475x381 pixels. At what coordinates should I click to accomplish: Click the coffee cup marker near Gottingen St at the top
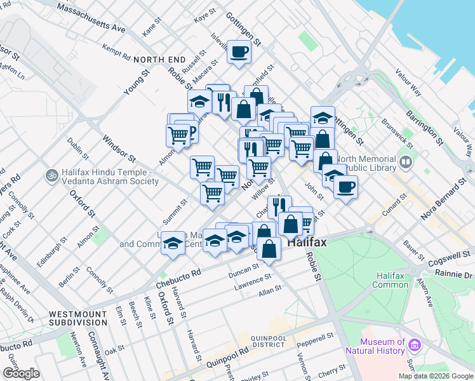[x=239, y=51]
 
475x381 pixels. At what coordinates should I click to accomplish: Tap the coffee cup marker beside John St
[x=345, y=187]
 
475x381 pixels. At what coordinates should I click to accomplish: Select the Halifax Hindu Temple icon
[x=50, y=173]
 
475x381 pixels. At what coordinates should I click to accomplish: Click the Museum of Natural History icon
[x=415, y=345]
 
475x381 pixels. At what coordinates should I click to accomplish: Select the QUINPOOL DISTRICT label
[x=279, y=342]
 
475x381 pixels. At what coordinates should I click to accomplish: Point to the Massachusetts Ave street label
[x=91, y=17]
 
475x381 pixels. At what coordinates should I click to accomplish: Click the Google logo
[x=22, y=373]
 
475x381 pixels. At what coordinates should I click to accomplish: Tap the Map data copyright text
[x=436, y=376]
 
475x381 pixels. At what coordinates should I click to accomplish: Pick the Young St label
[x=135, y=82]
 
